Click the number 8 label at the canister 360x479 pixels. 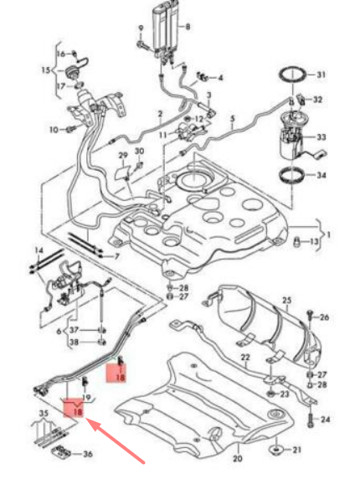click(x=188, y=28)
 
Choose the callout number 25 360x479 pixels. click(x=285, y=300)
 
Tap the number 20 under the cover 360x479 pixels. click(x=237, y=460)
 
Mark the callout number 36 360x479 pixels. click(x=88, y=454)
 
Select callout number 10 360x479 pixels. click(x=54, y=130)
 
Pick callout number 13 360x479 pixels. click(x=315, y=242)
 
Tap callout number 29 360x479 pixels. click(x=122, y=156)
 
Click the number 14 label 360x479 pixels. click(x=38, y=250)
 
